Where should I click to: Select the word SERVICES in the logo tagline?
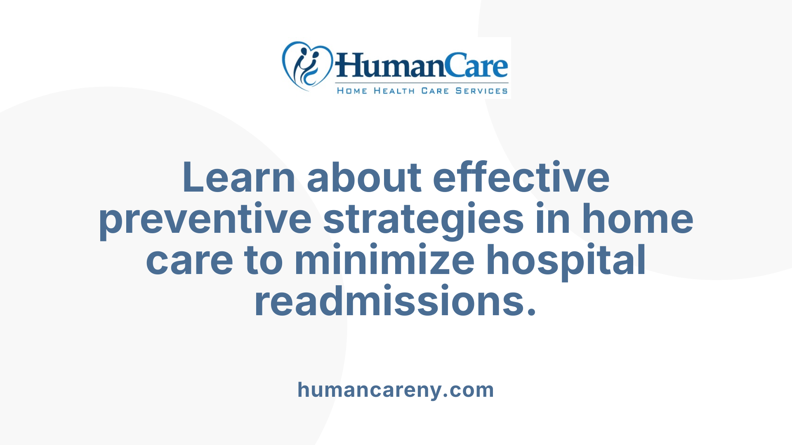click(481, 91)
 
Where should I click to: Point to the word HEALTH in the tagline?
click(394, 91)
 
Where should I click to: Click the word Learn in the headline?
click(238, 178)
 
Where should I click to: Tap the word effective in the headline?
click(521, 178)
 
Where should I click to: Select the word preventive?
click(205, 219)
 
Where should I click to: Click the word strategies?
click(424, 219)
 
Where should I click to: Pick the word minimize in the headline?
click(384, 260)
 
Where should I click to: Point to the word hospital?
click(566, 260)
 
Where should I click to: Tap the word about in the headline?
click(364, 178)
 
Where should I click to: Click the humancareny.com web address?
click(396, 390)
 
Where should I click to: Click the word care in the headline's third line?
click(189, 260)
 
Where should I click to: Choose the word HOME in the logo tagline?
click(352, 91)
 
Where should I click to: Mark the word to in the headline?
click(264, 260)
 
